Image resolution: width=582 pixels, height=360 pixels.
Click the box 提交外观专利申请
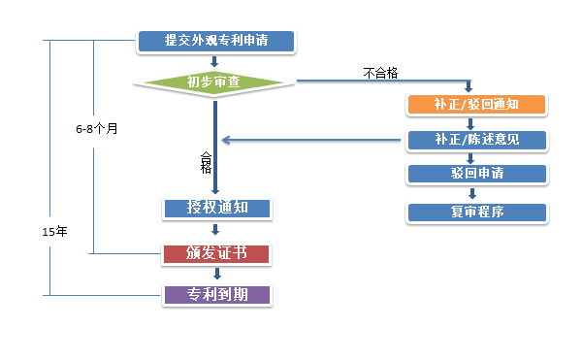(215, 41)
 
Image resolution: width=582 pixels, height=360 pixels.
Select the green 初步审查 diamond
(214, 82)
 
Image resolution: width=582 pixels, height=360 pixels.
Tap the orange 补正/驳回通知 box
(477, 104)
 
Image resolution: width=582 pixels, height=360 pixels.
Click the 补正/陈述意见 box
(477, 140)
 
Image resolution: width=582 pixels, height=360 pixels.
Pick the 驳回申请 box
(477, 174)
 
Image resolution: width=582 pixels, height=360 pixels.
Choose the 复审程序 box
(477, 211)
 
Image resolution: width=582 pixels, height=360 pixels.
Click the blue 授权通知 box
(215, 208)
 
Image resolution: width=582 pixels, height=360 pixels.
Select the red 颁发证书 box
(215, 253)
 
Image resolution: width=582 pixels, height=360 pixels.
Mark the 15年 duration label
(55, 230)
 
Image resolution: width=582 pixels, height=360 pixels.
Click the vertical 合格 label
(206, 161)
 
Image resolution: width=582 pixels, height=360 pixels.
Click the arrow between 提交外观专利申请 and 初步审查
(214, 61)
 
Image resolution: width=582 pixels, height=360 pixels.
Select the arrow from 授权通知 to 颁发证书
(215, 231)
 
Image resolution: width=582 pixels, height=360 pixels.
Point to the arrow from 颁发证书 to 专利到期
(215, 275)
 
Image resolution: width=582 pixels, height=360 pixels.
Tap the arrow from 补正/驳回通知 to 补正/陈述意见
(470, 122)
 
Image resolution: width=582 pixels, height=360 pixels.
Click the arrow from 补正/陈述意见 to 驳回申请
(470, 157)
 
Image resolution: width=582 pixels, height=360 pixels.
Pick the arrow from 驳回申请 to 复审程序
(470, 192)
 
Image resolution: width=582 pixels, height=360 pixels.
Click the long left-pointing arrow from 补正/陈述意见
(310, 141)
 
